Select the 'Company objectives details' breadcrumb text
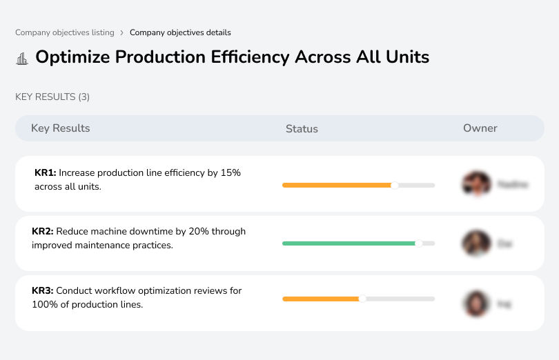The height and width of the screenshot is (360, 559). [180, 32]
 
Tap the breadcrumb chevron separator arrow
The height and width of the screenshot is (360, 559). [121, 32]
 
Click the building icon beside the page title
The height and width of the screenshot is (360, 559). [22, 58]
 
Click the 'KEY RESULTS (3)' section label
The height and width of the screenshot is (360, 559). [52, 97]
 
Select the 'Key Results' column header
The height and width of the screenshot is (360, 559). [61, 128]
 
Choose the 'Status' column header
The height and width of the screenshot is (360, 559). [302, 129]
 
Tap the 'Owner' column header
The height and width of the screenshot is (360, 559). [480, 128]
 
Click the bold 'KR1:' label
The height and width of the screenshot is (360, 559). [45, 173]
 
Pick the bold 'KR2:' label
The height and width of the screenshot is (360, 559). [43, 232]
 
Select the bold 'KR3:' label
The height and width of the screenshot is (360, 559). [43, 291]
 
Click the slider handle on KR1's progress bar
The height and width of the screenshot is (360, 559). [395, 185]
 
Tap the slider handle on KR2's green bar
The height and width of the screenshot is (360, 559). [418, 243]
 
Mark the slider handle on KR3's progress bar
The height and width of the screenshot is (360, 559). [362, 299]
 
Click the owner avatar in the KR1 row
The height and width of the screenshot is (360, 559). [475, 184]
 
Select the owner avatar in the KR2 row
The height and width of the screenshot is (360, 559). [475, 243]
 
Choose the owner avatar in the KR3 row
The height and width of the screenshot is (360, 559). [475, 303]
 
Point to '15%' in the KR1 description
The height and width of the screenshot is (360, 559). [231, 173]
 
